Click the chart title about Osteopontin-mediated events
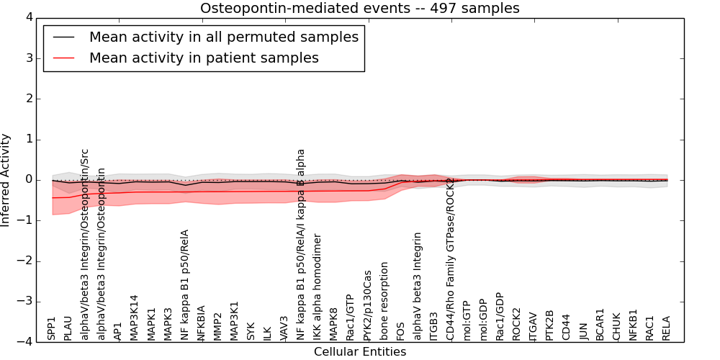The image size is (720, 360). pos(359,9)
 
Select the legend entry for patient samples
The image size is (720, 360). pos(203,58)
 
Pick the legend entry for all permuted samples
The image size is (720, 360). pos(223,37)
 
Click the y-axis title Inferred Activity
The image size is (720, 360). pos(6,180)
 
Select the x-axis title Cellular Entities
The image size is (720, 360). pos(359,352)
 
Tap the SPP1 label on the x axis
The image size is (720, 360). pos(52,328)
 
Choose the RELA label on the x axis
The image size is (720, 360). pos(666,328)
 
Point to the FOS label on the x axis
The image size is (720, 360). pos(401,331)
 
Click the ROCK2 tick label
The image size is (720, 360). pos(516,324)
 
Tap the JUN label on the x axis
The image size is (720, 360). pos(583,331)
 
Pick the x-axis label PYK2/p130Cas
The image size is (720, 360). pos(368,305)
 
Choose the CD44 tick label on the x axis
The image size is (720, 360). pos(566,327)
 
